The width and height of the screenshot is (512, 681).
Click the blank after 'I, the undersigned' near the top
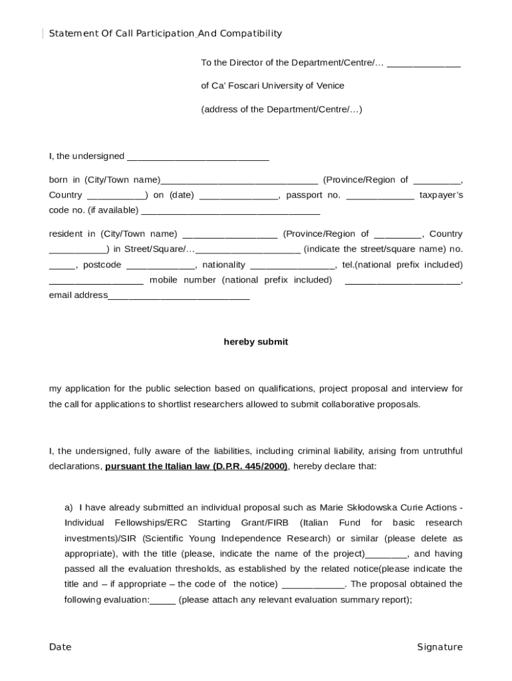197,157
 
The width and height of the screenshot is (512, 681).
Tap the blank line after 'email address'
178,296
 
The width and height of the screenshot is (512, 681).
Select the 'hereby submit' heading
255,342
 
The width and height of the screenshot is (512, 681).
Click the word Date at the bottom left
60,647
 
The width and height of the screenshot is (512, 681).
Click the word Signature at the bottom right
440,647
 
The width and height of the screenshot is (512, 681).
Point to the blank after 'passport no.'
380,196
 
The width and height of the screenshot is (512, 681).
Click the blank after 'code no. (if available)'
231,211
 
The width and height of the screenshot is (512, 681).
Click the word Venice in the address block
330,86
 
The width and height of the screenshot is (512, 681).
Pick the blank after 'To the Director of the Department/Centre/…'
424,64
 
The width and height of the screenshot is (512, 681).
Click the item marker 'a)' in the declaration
68,507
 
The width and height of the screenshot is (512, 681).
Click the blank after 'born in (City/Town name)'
239,181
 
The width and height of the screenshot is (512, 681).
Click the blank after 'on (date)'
239,196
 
